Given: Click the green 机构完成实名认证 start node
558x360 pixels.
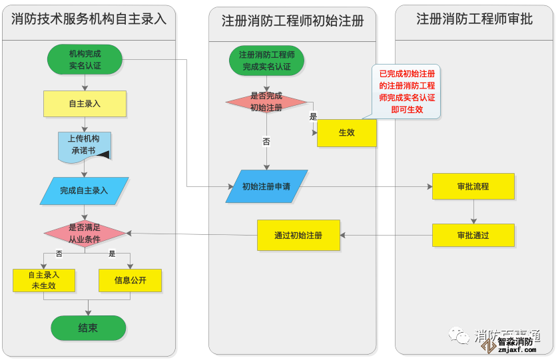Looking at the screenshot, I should (x=85, y=59).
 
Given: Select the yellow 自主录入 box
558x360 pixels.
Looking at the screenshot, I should (x=85, y=103).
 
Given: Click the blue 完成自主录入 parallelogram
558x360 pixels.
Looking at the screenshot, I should (x=85, y=190).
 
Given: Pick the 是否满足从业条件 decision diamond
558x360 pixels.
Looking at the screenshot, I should (x=85, y=234).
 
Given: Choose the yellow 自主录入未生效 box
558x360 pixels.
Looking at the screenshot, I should (x=43, y=280).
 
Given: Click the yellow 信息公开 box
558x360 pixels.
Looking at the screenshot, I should (x=131, y=280).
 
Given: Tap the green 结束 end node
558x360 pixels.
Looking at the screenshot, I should (x=88, y=327).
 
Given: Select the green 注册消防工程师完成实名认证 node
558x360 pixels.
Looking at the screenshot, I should (x=266, y=61).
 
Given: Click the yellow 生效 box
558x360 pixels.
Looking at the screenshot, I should (x=346, y=132).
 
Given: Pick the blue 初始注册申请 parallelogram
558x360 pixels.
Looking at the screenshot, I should (x=266, y=186).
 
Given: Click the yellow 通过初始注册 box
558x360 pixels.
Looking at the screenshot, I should (x=298, y=235).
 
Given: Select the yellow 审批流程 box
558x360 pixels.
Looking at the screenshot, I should (x=473, y=186).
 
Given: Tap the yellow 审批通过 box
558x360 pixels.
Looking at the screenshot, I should (x=473, y=235).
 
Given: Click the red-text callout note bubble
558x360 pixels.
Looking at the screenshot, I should (x=407, y=92).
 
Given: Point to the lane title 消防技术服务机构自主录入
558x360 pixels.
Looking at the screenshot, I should (x=89, y=19).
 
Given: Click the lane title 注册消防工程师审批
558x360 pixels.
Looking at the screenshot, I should (x=474, y=19).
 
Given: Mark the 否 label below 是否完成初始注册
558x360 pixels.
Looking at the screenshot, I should (x=266, y=142).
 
